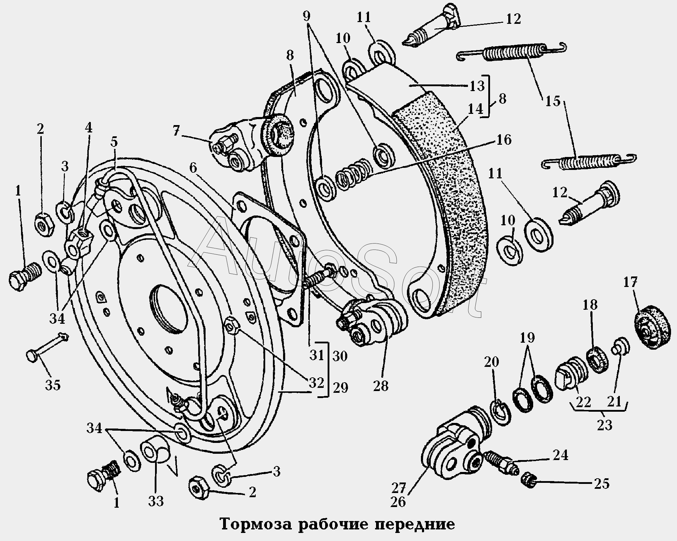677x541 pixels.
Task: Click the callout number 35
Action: point(53,385)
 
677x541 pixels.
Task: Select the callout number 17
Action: point(630,282)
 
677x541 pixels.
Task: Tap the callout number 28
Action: point(381,386)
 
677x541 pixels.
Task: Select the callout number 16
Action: point(504,140)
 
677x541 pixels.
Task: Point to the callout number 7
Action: point(176,131)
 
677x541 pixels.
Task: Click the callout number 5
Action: point(114,142)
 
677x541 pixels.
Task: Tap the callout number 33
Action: point(156,501)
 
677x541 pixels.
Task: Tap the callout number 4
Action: point(88,128)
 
